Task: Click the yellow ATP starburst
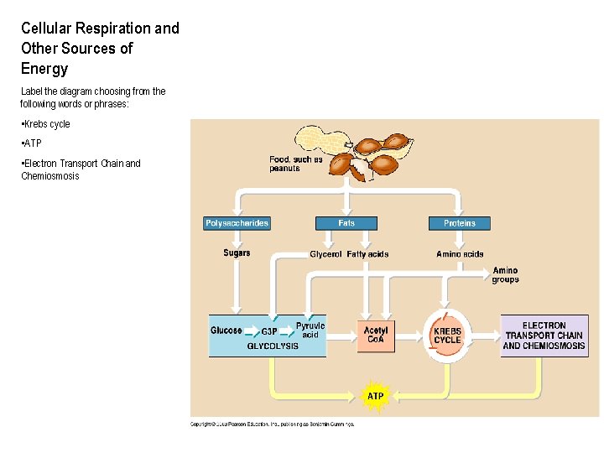coord(375,396)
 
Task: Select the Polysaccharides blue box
coord(237,223)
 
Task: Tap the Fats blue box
coord(346,223)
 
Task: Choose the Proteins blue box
coord(459,223)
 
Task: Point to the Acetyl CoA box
coord(376,335)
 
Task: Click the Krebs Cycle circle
coord(447,336)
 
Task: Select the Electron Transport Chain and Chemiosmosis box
coord(544,336)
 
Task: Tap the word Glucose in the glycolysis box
coord(226,331)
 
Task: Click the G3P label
coord(269,331)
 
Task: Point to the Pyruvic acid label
coord(310,330)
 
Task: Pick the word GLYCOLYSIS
coord(273,346)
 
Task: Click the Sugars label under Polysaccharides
coord(237,253)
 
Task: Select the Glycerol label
coord(325,254)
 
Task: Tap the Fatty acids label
coord(367,254)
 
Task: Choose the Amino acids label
coord(460,254)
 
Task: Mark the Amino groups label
coord(505,275)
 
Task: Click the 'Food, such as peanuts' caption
coord(290,164)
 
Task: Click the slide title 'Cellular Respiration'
coord(100,29)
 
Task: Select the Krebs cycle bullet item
coord(47,124)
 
